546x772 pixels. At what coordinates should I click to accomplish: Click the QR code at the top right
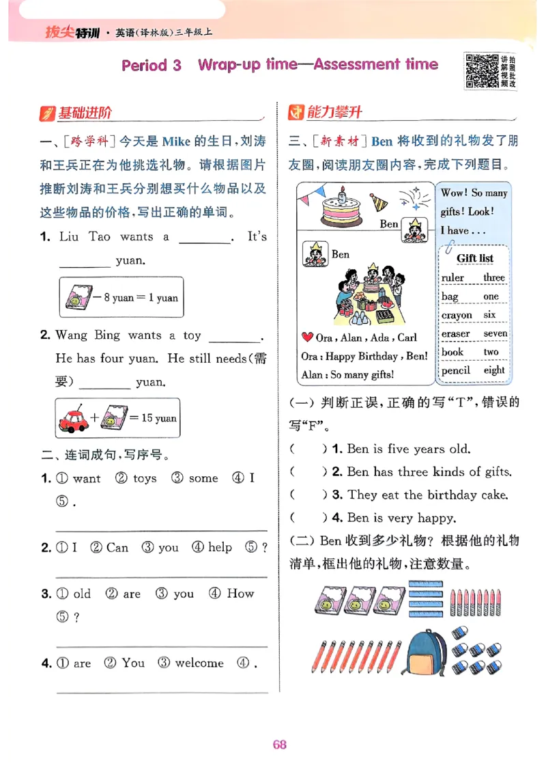click(481, 71)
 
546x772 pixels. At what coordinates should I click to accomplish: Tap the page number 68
click(279, 744)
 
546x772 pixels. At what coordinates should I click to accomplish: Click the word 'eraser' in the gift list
click(455, 333)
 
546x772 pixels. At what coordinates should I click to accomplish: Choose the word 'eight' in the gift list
click(493, 370)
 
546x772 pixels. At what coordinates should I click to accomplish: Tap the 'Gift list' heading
click(475, 258)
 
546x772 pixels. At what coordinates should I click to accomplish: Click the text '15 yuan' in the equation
click(158, 418)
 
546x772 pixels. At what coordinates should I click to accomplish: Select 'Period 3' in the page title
click(152, 65)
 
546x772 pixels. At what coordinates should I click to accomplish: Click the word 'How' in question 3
click(240, 594)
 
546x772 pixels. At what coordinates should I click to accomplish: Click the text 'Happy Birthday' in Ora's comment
click(361, 356)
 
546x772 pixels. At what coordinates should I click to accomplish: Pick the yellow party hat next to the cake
click(379, 201)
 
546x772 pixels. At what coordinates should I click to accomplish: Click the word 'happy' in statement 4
click(437, 518)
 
